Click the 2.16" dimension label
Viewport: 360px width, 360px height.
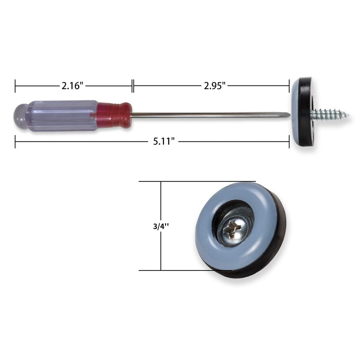(x=72, y=86)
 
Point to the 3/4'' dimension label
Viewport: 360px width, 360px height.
(x=161, y=226)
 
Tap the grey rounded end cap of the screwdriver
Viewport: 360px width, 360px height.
(x=21, y=117)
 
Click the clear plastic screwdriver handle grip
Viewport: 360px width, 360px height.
(x=63, y=116)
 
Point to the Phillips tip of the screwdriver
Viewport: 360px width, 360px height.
(x=288, y=115)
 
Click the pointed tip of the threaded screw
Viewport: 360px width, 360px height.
(x=349, y=115)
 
